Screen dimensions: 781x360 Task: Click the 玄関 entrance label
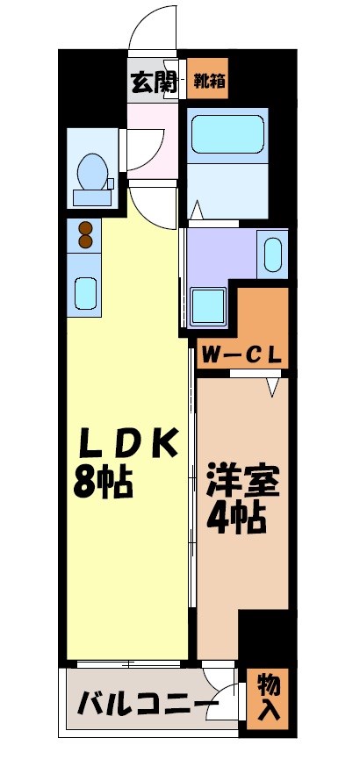154,84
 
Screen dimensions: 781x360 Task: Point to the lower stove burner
85,241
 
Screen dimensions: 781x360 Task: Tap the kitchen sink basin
85,291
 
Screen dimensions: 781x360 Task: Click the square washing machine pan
209,305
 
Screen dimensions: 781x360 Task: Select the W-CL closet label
241,355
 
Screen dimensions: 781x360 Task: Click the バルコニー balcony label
147,705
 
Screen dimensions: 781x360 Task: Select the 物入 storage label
270,698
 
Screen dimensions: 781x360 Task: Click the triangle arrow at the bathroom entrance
198,210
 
